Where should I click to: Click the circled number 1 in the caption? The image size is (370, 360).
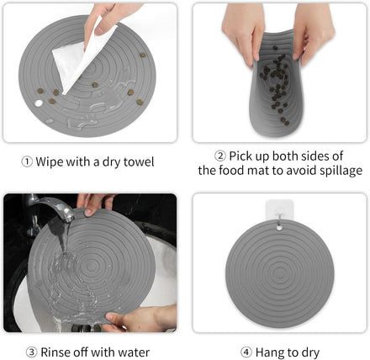(27, 162)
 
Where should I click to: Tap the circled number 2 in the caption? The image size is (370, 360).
(220, 156)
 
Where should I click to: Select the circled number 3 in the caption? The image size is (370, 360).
(31, 352)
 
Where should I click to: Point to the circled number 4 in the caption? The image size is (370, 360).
(246, 352)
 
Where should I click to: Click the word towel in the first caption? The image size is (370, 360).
(139, 162)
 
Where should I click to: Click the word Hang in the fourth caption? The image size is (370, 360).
(268, 353)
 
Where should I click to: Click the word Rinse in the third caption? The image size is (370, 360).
(55, 352)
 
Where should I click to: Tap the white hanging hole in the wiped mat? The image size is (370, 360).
(39, 103)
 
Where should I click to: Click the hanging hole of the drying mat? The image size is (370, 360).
(279, 228)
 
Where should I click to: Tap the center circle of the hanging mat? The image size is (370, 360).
(279, 272)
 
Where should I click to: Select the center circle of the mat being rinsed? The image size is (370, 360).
(90, 264)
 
